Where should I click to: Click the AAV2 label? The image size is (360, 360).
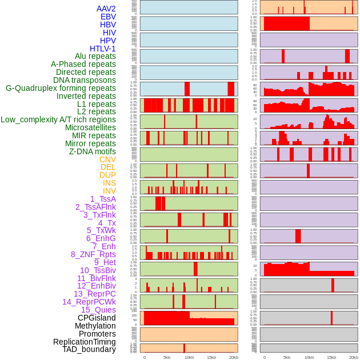tap(106, 9)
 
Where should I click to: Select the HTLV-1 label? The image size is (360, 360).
tap(103, 49)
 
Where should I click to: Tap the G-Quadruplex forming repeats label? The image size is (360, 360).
tap(61, 88)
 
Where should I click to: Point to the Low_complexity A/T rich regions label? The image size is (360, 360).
tap(58, 119)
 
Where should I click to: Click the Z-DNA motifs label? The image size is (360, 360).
tap(93, 151)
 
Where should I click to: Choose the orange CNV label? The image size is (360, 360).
tap(107, 159)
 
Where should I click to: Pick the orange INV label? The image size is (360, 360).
tap(109, 191)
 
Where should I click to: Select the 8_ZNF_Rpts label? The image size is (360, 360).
tap(93, 254)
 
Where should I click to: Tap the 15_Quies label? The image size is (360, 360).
tap(98, 310)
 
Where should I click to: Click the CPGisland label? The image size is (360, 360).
tap(97, 318)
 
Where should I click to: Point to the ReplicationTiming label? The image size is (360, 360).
tap(84, 342)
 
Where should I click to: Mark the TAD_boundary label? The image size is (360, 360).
tap(89, 349)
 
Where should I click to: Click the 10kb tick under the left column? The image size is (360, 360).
tap(189, 357)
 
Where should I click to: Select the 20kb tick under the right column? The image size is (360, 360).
tap(354, 357)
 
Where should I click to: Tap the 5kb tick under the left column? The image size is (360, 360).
tap(167, 357)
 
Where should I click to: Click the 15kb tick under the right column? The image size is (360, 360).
tap(331, 357)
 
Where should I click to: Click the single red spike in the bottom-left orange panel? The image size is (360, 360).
tap(184, 348)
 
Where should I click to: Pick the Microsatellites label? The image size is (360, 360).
tap(90, 127)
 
